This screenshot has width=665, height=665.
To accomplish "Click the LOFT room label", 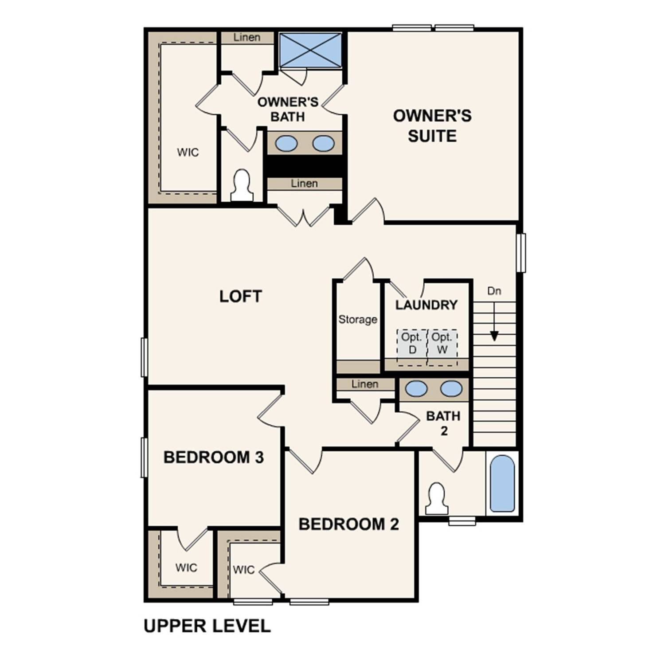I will pyautogui.click(x=241, y=296).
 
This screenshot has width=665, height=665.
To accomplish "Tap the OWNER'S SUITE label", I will pyautogui.click(x=432, y=125).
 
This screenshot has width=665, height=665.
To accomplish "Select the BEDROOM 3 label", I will pyautogui.click(x=213, y=457).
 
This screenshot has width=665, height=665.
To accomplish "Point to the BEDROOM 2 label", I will pyautogui.click(x=348, y=524).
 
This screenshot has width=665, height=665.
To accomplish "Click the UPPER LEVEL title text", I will pyautogui.click(x=207, y=626).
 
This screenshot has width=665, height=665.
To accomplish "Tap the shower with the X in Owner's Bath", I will pyautogui.click(x=310, y=50).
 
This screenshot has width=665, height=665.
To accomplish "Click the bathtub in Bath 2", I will pyautogui.click(x=503, y=483).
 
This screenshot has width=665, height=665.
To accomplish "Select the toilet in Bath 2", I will pyautogui.click(x=437, y=499).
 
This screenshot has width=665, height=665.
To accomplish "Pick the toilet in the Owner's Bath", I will pyautogui.click(x=242, y=185).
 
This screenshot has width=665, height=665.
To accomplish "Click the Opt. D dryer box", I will pyautogui.click(x=412, y=344).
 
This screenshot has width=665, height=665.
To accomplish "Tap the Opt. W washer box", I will pyautogui.click(x=442, y=344).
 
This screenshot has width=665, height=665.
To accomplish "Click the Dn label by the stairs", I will pyautogui.click(x=494, y=291).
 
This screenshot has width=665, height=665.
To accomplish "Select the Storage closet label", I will pyautogui.click(x=358, y=319).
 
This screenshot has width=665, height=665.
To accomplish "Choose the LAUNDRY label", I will pyautogui.click(x=426, y=305).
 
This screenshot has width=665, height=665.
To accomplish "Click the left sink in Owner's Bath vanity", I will pyautogui.click(x=286, y=143).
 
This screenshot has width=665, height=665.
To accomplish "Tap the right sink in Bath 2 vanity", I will pyautogui.click(x=451, y=389).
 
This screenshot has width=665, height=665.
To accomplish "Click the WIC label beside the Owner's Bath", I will pyautogui.click(x=188, y=153).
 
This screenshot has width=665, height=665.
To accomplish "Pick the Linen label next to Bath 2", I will pyautogui.click(x=365, y=384).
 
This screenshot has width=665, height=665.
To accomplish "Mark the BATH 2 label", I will pyautogui.click(x=443, y=423).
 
